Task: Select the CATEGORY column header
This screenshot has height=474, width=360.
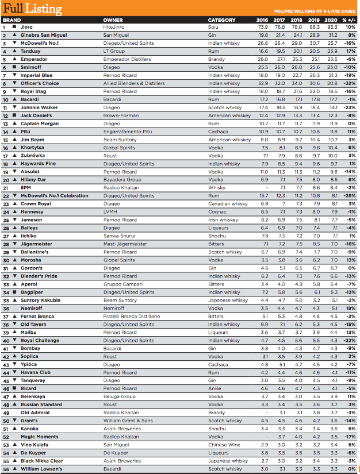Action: [x=221, y=20]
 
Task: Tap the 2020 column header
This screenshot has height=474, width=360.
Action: [x=332, y=20]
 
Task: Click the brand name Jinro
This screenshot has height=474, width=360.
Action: [x=26, y=27]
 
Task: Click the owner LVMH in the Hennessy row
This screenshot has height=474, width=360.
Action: [x=110, y=212]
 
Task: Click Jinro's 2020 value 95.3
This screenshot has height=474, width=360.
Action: [x=332, y=27]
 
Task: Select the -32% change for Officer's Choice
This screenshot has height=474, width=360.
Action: [x=349, y=83]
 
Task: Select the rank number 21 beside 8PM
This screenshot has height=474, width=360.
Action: [x=5, y=188]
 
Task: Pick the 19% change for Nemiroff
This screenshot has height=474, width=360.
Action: [x=350, y=309]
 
